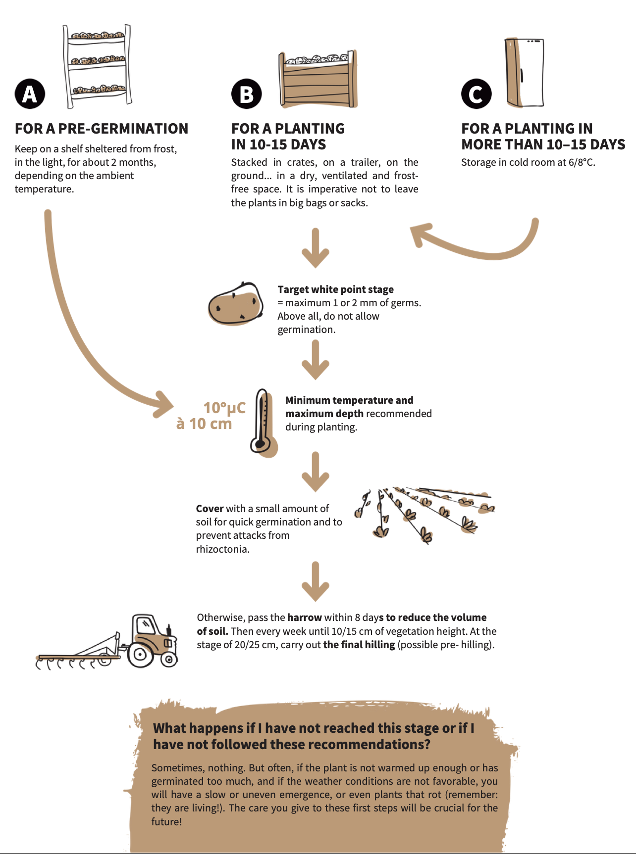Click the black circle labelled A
click(30, 94)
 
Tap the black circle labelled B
click(246, 94)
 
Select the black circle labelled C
click(476, 94)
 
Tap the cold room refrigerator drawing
click(525, 73)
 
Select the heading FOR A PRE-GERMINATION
click(102, 129)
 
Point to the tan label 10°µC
click(224, 408)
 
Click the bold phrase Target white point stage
click(335, 289)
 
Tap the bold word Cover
click(210, 509)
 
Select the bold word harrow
click(305, 617)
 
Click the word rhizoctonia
click(222, 549)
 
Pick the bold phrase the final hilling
click(359, 645)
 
